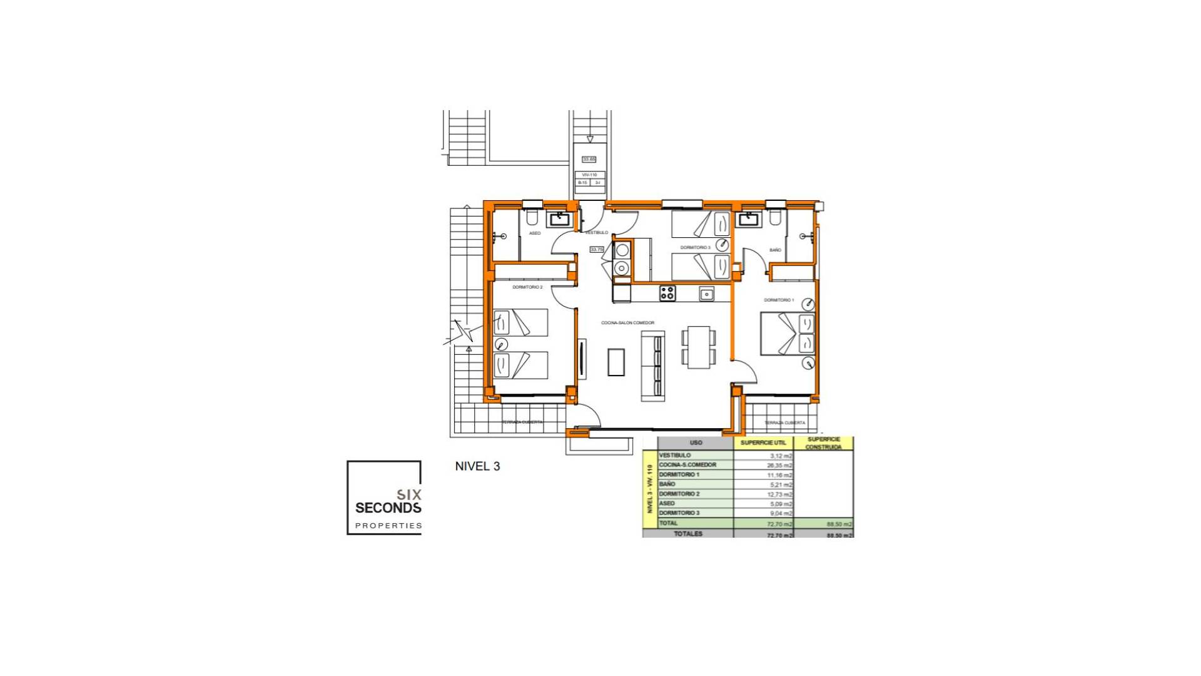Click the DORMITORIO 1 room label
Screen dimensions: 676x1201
point(779,300)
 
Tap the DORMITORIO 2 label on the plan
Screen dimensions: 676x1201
point(527,287)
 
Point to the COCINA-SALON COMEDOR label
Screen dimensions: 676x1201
point(627,323)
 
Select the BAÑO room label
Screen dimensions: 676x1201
point(775,250)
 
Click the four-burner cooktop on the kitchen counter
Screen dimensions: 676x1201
point(667,293)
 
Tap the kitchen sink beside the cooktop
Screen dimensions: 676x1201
point(707,294)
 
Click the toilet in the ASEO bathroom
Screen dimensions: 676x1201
point(532,217)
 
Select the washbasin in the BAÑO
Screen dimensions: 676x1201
point(748,219)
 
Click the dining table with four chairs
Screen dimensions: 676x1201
point(699,346)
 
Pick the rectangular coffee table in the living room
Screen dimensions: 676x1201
point(616,362)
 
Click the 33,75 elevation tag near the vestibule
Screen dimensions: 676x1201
point(597,249)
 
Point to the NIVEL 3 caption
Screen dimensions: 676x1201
point(477,466)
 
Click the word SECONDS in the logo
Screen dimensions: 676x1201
point(388,508)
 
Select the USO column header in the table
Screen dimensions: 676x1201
point(696,443)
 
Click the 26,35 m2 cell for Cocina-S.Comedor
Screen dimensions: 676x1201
point(779,466)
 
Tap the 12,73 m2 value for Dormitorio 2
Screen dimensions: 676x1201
point(779,494)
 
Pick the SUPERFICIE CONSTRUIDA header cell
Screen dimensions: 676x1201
point(823,443)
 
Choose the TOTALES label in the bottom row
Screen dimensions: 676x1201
point(688,534)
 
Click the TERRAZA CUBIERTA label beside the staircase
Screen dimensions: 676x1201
point(522,422)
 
